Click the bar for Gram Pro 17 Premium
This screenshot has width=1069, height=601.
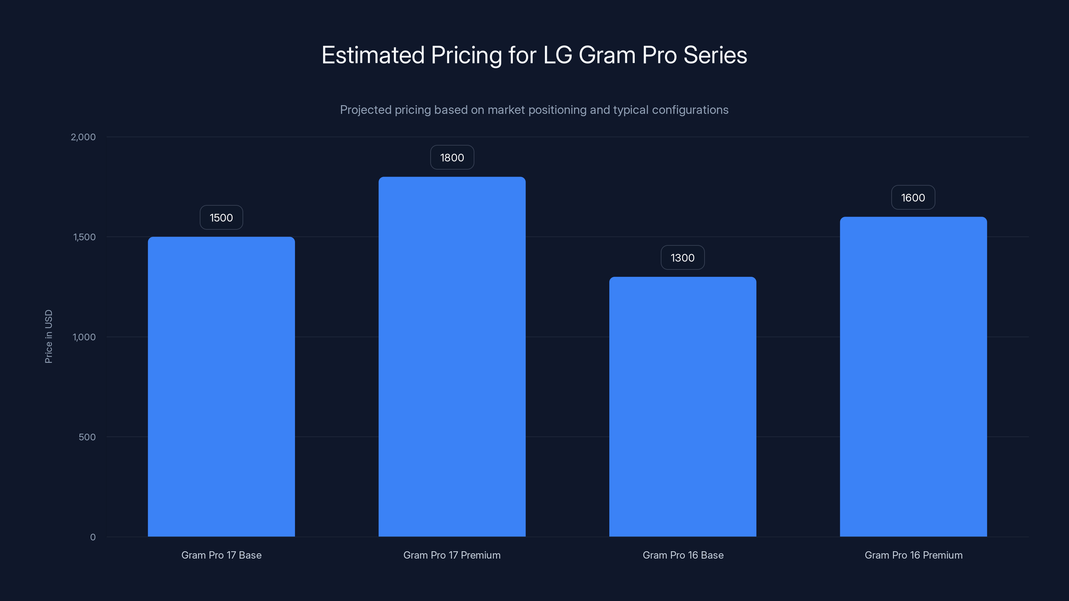coord(452,357)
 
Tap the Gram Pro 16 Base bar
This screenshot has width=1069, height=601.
coord(682,406)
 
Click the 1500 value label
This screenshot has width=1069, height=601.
coord(221,218)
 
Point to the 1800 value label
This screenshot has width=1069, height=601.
coord(452,158)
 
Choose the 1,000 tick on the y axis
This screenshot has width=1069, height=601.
coord(84,337)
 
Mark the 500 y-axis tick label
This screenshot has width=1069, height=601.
coord(87,437)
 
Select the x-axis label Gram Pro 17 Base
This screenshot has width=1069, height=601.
coord(221,555)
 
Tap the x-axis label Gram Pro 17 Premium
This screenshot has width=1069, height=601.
coord(452,555)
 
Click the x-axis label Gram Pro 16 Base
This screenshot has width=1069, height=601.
coord(682,555)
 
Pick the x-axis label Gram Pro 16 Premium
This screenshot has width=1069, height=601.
coord(913,555)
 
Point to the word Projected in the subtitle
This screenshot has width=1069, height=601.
coord(365,110)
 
